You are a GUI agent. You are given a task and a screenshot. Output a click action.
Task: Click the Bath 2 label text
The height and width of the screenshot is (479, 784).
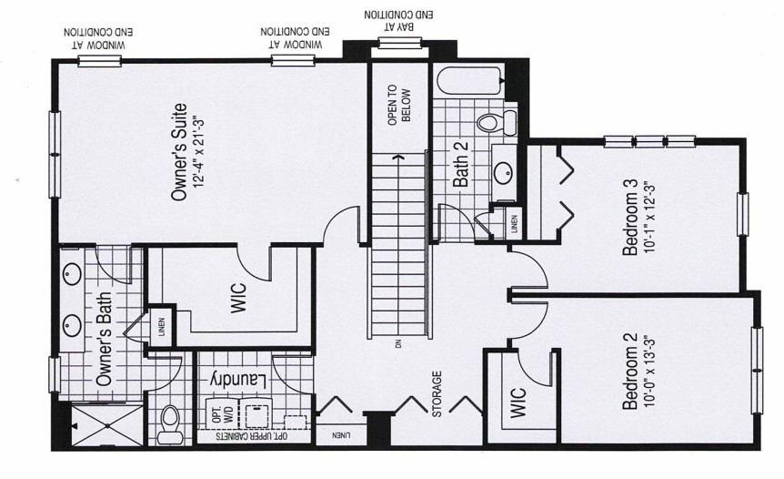pyautogui.click(x=460, y=166)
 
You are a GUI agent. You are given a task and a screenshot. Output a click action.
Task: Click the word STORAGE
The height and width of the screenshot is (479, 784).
pyautogui.click(x=437, y=392)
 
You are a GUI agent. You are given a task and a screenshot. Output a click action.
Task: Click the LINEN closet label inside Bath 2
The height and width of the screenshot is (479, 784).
pyautogui.click(x=514, y=223)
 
